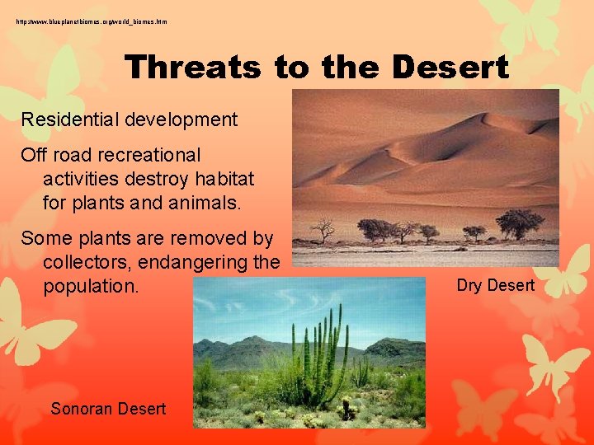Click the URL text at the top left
pos(91,21)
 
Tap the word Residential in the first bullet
pos(70,119)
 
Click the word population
pos(91,286)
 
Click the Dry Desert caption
pos(495,285)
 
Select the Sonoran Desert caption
pos(108,409)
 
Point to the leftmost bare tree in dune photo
pos(323,227)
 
